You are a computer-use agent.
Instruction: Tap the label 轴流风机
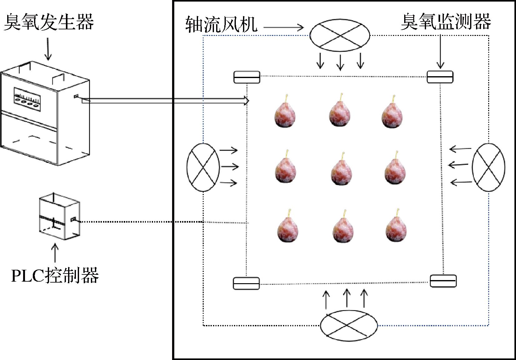[x=221, y=24]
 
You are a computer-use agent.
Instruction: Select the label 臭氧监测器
[x=445, y=22]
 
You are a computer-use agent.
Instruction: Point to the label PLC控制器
[x=55, y=275]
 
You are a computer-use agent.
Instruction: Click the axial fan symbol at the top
[x=340, y=35]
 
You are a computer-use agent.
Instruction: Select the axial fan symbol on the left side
[x=203, y=167]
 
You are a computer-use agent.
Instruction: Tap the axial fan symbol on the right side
[x=488, y=167]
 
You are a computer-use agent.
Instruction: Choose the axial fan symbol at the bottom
[x=349, y=325]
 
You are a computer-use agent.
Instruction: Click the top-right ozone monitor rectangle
[x=440, y=77]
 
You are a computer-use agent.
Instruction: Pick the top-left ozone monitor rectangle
[x=247, y=77]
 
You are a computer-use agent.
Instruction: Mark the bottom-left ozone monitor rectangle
[x=246, y=283]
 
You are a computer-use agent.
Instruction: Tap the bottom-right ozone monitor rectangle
[x=443, y=281]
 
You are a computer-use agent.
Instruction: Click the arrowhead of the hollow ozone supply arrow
[x=246, y=101]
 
